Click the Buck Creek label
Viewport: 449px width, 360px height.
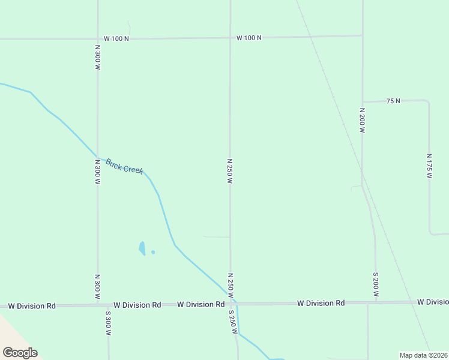tap(124, 166)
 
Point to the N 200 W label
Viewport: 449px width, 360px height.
tap(362, 121)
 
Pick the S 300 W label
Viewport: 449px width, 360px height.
tap(109, 323)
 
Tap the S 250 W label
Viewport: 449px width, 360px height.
tap(232, 322)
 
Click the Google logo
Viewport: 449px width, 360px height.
tap(20, 353)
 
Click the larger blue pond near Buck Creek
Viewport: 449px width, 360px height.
tap(142, 248)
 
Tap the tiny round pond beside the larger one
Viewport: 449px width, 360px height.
tap(153, 252)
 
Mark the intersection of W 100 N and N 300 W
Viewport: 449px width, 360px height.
tap(97, 38)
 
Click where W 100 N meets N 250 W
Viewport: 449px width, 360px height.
tap(230, 37)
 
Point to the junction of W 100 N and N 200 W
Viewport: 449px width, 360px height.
tap(362, 35)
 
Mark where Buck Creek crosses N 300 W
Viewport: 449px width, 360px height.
tap(97, 155)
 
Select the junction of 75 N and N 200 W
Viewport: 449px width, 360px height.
tap(362, 101)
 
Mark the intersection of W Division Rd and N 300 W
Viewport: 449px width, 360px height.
tap(98, 305)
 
